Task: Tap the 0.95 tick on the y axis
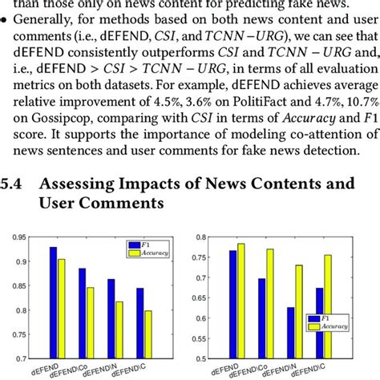click(x=14, y=236)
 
